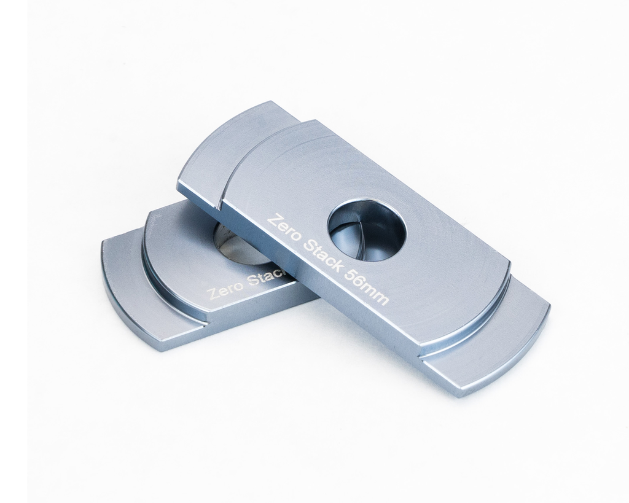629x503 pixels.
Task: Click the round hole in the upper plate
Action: (x=367, y=230)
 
